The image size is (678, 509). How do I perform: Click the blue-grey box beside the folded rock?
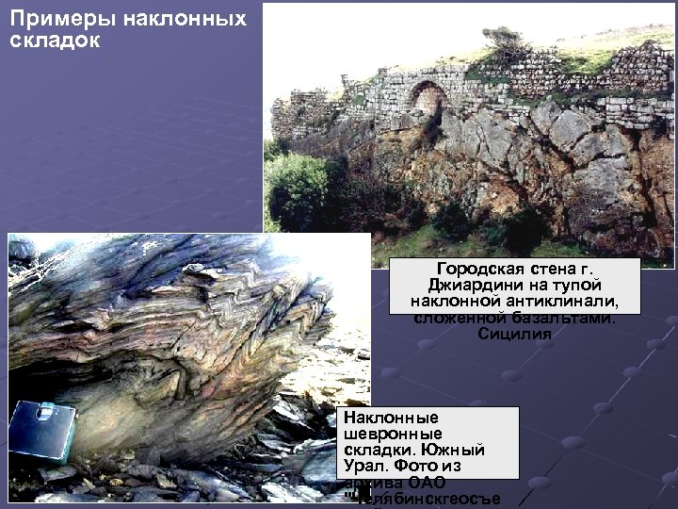(x=44, y=431)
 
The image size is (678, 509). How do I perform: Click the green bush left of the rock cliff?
(x=297, y=189)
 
